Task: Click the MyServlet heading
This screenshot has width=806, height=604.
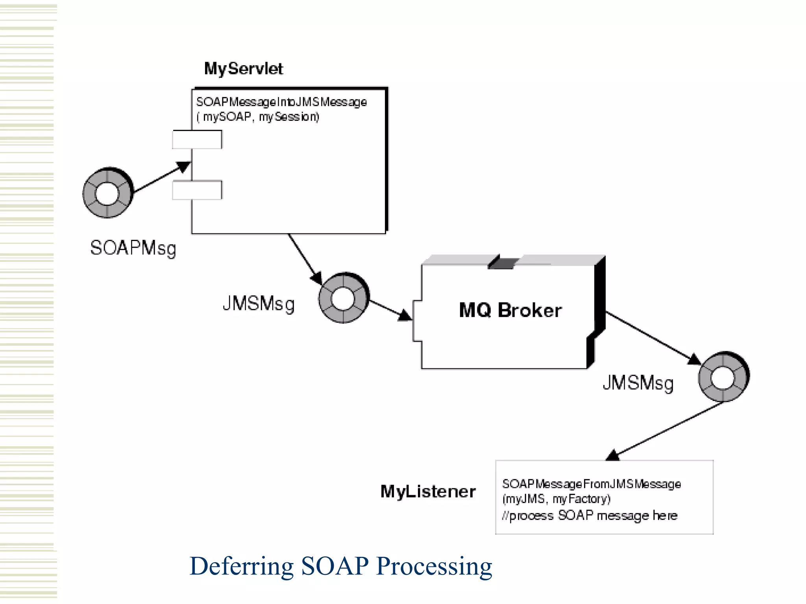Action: (243, 69)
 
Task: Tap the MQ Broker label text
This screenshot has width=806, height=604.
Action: (510, 310)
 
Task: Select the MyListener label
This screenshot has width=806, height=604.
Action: (428, 492)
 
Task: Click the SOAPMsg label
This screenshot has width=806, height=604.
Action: (133, 249)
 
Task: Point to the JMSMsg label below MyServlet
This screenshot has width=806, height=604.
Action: (259, 304)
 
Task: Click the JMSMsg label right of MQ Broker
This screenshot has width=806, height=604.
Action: (638, 383)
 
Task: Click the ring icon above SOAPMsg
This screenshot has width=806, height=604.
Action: (107, 193)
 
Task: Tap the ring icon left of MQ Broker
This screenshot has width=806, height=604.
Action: (344, 298)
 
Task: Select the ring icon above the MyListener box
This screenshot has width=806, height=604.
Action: (723, 376)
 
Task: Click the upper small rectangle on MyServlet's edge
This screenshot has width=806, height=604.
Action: (197, 140)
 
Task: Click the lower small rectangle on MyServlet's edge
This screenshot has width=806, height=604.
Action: (197, 190)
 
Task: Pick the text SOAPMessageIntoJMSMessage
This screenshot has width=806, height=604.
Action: (281, 102)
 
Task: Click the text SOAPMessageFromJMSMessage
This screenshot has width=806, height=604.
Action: (591, 484)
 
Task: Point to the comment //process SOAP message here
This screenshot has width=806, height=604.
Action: (590, 516)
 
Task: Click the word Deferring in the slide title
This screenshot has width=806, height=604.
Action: (241, 567)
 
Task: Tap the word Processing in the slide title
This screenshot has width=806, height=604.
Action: (434, 567)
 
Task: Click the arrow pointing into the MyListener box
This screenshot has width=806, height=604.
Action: (665, 431)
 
